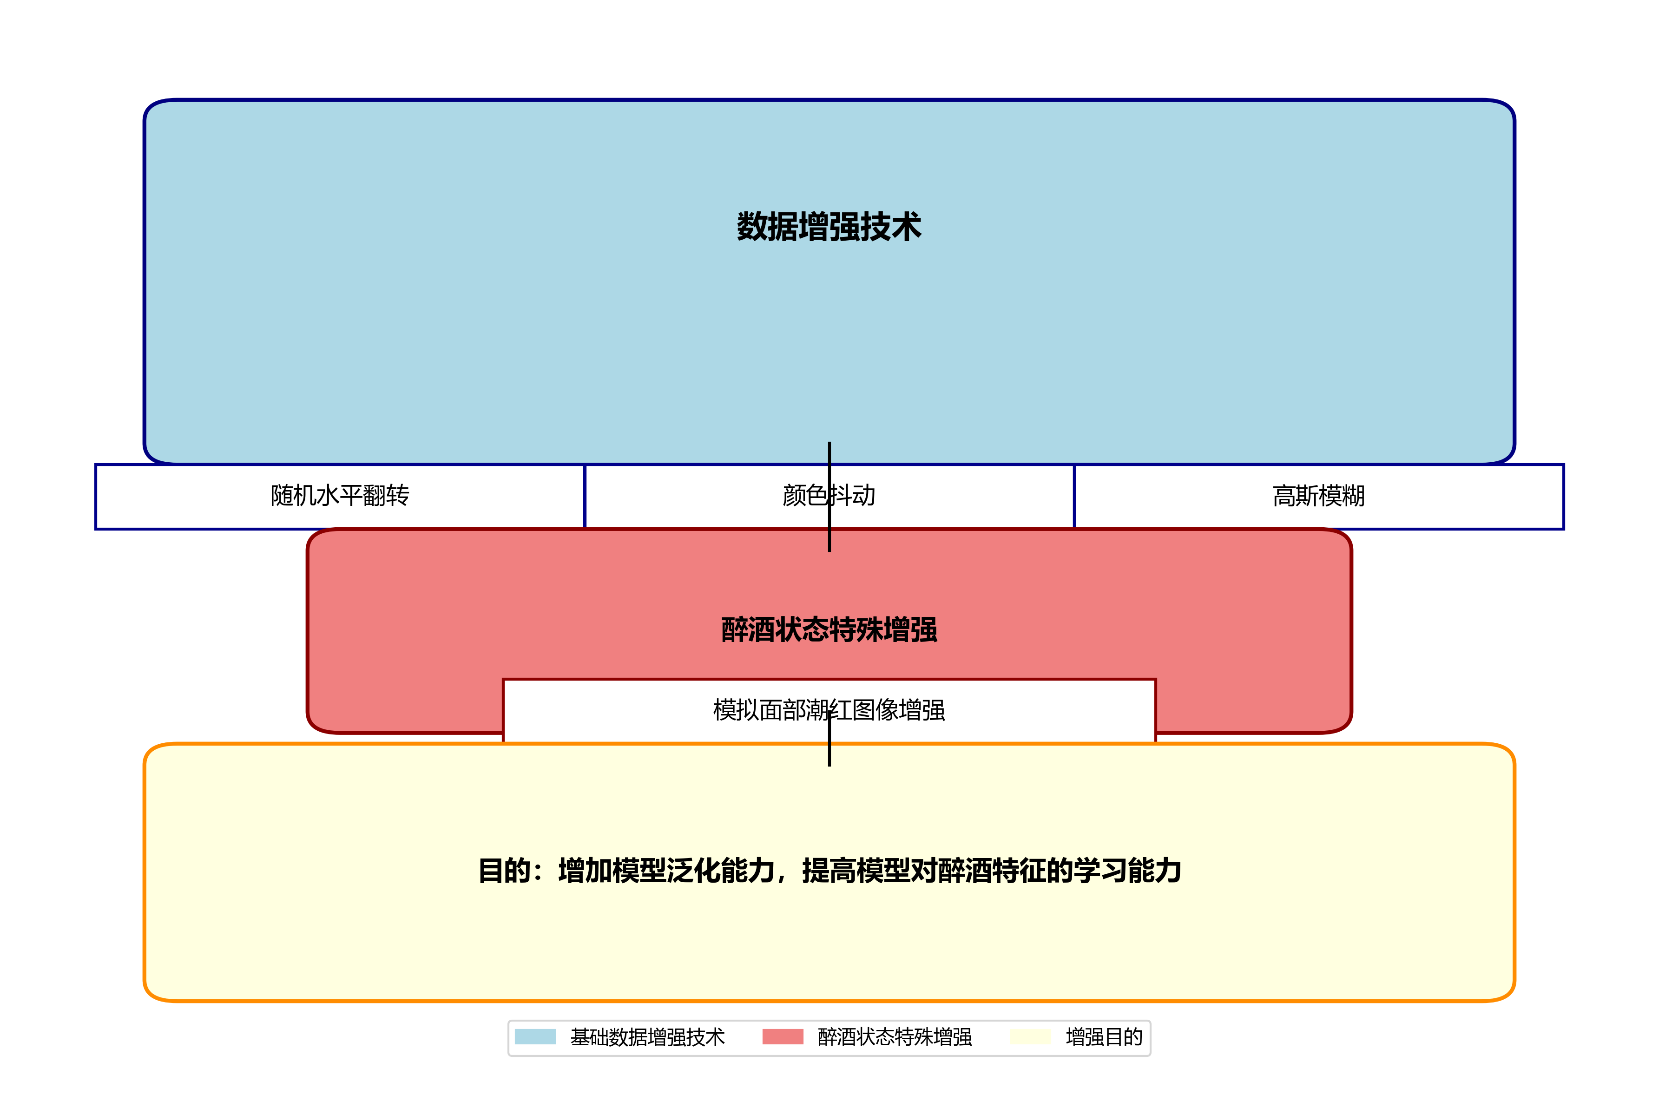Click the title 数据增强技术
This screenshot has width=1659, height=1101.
point(829,227)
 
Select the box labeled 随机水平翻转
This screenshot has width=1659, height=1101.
point(340,496)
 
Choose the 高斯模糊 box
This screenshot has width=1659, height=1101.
point(1318,496)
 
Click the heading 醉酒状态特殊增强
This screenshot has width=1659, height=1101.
point(829,629)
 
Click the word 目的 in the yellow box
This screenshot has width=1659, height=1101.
point(504,871)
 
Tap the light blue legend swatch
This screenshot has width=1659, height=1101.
point(535,1036)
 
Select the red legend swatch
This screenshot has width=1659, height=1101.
point(783,1036)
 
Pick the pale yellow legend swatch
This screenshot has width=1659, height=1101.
point(1030,1036)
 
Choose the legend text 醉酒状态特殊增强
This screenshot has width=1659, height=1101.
point(895,1037)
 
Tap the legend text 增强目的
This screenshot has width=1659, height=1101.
point(1104,1037)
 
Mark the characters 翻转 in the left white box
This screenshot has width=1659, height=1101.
point(386,496)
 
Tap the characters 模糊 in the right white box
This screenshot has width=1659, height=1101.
point(1342,496)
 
